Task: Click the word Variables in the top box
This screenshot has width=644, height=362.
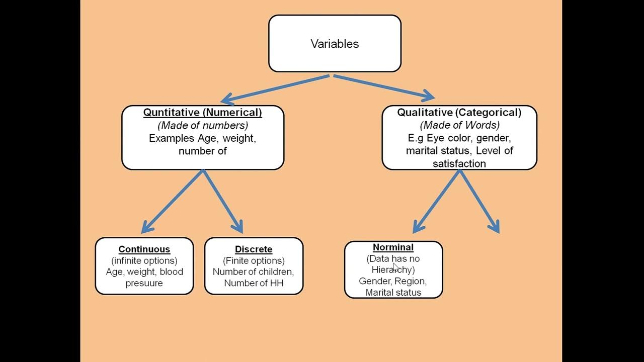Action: (x=335, y=44)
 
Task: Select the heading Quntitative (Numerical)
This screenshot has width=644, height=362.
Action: (x=202, y=113)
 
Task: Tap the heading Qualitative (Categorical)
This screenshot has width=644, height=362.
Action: (x=459, y=113)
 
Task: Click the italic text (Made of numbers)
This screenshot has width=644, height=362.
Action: (x=203, y=125)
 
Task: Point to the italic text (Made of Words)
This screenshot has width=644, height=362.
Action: (x=459, y=125)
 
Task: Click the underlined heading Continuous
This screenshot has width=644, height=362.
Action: (x=144, y=249)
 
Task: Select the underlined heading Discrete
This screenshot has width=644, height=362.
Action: (x=254, y=249)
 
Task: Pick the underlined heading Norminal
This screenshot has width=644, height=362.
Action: (x=393, y=247)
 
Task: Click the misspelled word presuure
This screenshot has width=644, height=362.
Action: (x=144, y=283)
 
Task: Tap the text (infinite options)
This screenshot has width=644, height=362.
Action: (x=144, y=260)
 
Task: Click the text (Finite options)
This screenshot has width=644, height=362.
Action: (x=254, y=260)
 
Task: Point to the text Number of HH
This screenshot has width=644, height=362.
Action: (x=254, y=283)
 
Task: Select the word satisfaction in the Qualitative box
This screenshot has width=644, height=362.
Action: (x=459, y=163)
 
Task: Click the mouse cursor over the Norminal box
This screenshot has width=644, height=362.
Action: (x=396, y=267)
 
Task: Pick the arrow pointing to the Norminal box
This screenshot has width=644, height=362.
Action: (x=436, y=201)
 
